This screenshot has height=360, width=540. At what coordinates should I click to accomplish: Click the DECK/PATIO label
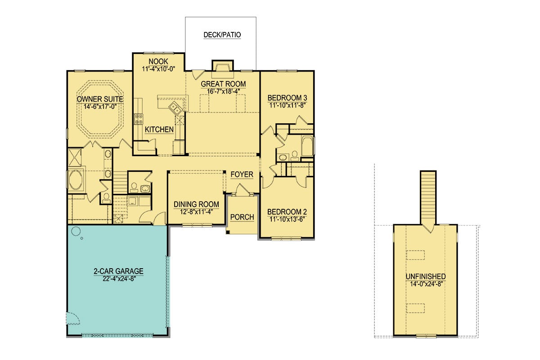click(222, 35)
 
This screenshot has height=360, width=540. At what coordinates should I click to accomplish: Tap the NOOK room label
click(158, 62)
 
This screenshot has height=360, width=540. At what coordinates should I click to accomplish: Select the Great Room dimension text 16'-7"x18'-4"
click(223, 92)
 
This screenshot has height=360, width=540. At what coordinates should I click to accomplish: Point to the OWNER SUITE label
click(100, 99)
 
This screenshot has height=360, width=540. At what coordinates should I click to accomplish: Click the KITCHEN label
click(159, 130)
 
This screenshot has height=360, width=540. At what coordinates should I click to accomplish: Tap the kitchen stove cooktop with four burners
click(139, 119)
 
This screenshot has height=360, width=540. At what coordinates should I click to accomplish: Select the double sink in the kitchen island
click(175, 108)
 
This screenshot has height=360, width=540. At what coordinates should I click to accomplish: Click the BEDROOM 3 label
click(287, 98)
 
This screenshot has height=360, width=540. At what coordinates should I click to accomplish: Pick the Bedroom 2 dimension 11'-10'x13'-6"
click(287, 220)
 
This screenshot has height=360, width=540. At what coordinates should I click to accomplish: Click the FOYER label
click(242, 174)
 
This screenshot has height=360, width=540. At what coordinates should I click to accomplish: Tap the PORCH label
click(242, 217)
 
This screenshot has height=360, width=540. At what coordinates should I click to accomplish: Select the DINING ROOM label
click(196, 204)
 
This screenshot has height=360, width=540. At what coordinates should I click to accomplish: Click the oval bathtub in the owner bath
click(76, 180)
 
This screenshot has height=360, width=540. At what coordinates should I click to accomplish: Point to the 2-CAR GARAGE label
click(119, 271)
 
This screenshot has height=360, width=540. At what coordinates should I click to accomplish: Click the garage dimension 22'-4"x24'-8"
click(119, 279)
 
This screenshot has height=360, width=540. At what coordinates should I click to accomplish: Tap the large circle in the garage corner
click(76, 231)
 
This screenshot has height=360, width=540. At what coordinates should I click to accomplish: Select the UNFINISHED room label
click(426, 276)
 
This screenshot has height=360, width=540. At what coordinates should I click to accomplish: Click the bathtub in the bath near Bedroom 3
click(307, 146)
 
